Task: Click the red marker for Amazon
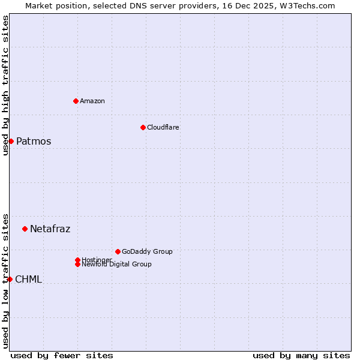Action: point(76,101)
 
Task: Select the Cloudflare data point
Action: point(143,127)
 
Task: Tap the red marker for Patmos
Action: point(11,141)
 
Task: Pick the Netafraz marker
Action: point(25,229)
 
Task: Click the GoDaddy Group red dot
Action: point(118,251)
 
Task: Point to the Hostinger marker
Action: point(77,260)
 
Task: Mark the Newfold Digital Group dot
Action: point(77,264)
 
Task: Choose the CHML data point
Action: point(10,279)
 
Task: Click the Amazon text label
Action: point(92,101)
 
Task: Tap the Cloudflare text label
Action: point(163,127)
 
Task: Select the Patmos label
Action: point(34,142)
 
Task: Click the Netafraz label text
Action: point(50,229)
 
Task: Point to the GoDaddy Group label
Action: point(147,251)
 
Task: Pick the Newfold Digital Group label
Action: point(117,265)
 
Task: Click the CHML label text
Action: point(28,279)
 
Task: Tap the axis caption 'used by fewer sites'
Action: point(62,355)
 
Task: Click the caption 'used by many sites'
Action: point(301,355)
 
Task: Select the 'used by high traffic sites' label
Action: point(5,85)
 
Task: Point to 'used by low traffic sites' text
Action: point(5,281)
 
